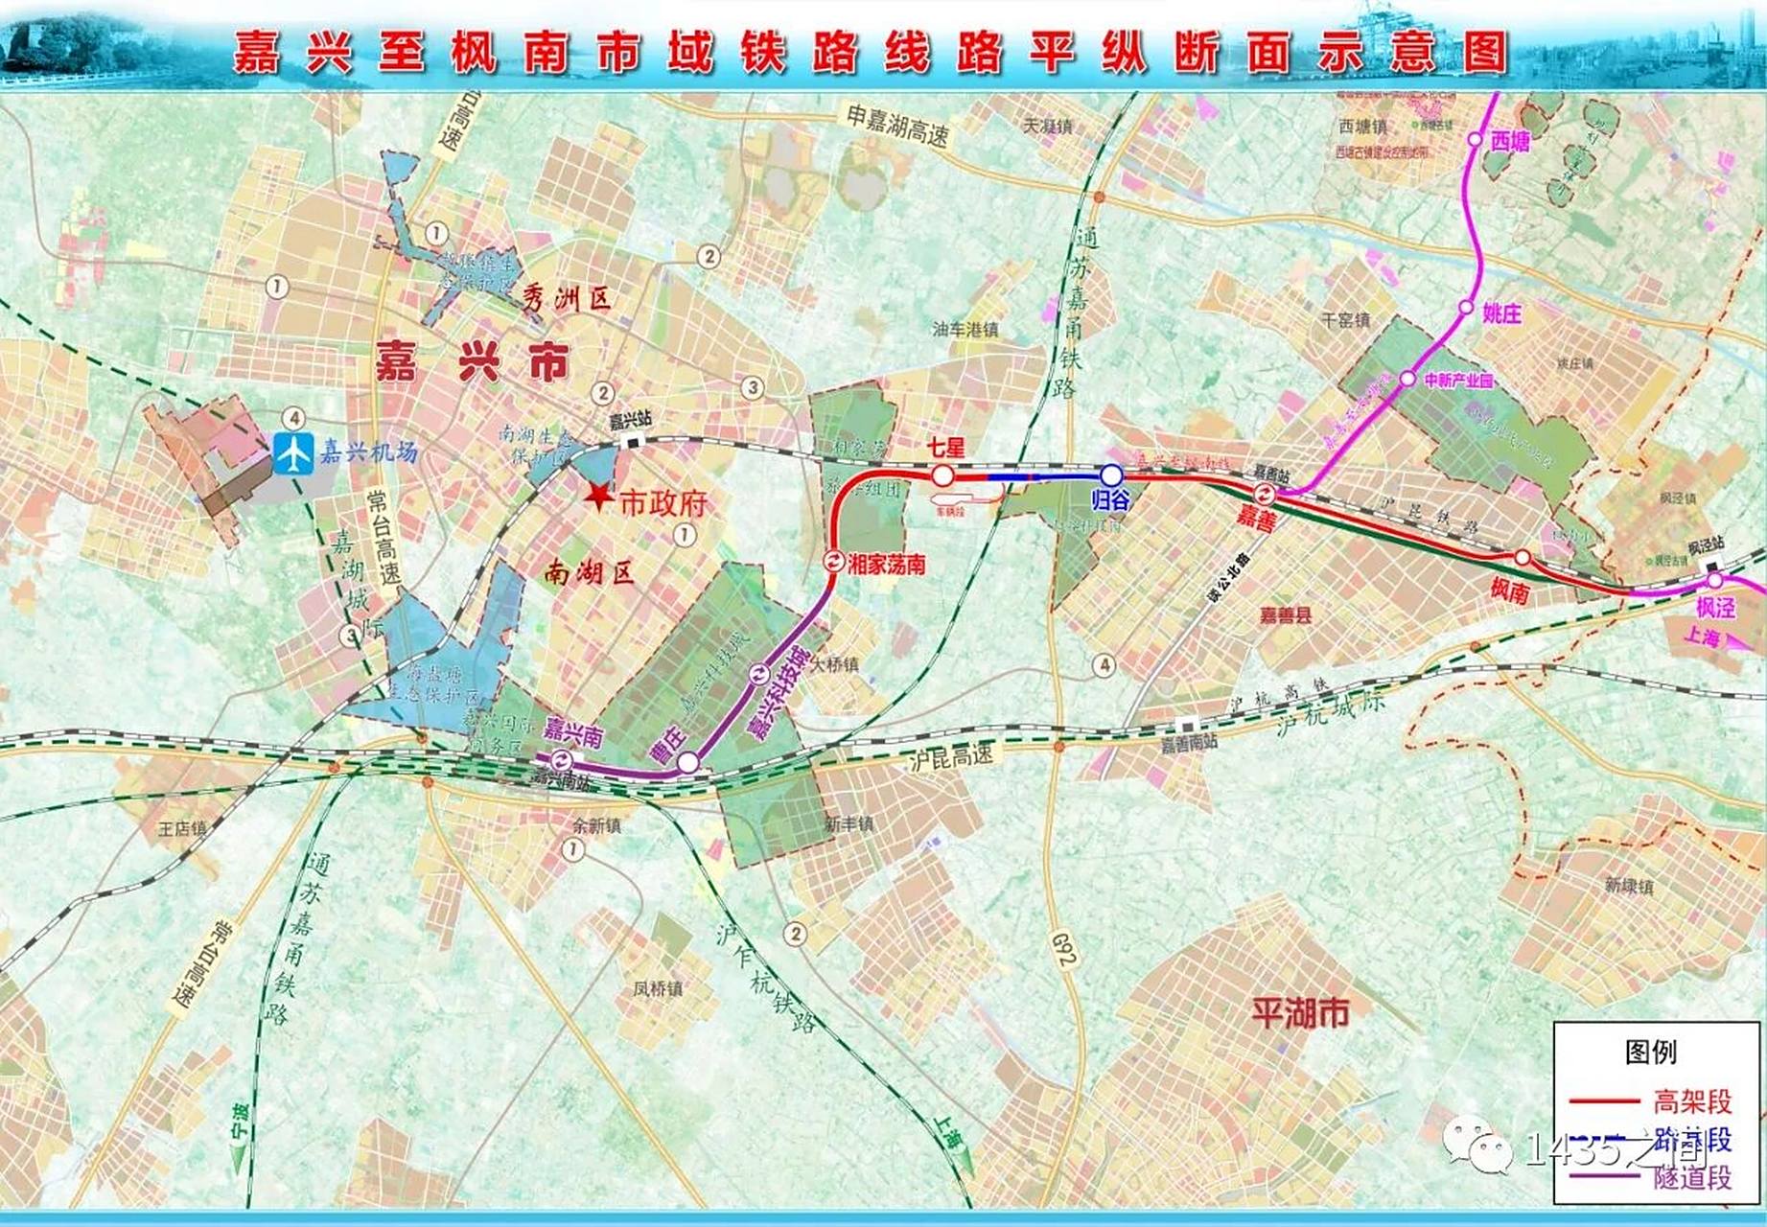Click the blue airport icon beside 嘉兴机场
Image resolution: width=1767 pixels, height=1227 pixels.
pos(292,452)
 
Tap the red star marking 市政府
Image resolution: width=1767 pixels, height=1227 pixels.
pos(599,496)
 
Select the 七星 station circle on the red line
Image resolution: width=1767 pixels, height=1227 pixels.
pos(942,475)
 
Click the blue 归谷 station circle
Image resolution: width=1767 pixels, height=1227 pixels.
pos(1110,475)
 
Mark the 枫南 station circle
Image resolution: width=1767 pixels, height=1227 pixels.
pos(1523,557)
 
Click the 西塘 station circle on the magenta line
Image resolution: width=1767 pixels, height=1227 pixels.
pos(1475,140)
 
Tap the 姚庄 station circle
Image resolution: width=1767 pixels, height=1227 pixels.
pos(1466,308)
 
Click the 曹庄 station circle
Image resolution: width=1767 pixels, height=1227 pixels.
pos(688,763)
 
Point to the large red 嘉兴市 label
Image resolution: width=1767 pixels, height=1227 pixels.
pos(472,361)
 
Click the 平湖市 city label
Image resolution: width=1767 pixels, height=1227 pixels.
pos(1300,1012)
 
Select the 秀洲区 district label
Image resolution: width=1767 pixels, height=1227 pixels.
pos(567,299)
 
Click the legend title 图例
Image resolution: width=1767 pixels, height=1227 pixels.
pos(1651,1052)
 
